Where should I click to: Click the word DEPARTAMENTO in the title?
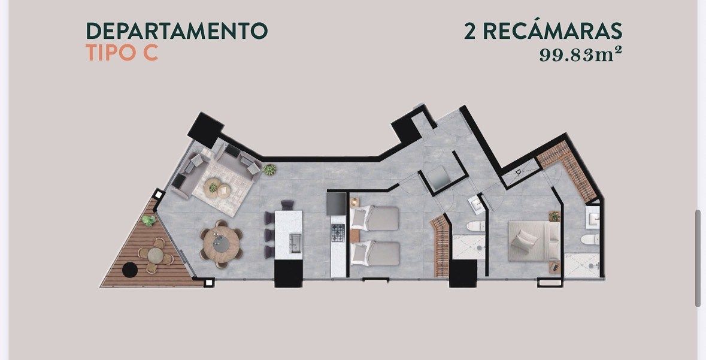click(x=177, y=31)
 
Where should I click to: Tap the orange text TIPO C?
click(x=122, y=53)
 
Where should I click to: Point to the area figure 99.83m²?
click(x=581, y=55)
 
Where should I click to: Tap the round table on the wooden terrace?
click(x=155, y=255)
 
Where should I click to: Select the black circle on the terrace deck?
click(x=130, y=270)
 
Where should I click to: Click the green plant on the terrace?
click(x=149, y=220)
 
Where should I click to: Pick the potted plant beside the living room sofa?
click(x=269, y=170)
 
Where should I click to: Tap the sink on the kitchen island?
click(x=295, y=243)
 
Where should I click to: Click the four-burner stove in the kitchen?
click(x=338, y=232)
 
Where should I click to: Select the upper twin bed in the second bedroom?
click(x=375, y=219)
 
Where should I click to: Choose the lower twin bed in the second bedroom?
click(x=375, y=253)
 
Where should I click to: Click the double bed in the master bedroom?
click(x=534, y=241)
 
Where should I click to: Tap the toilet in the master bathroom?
click(x=590, y=239)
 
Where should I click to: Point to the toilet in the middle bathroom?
click(x=475, y=226)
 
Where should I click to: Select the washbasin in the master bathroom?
click(x=593, y=219)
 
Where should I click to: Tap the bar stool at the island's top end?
click(x=287, y=205)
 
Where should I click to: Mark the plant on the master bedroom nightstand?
click(x=555, y=216)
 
